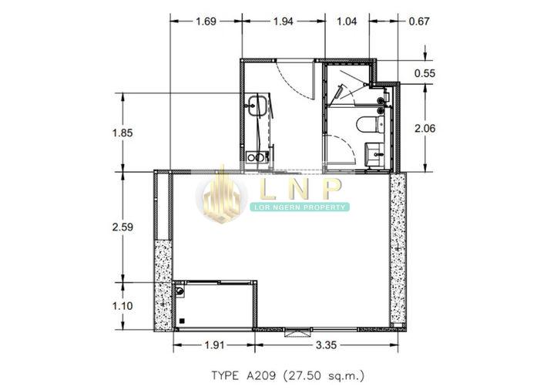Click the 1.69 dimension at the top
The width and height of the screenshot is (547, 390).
[x=206, y=22]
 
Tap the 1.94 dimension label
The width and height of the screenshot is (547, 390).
[x=283, y=22]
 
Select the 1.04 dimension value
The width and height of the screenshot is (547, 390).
[x=347, y=22]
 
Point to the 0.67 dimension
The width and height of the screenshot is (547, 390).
[x=418, y=22]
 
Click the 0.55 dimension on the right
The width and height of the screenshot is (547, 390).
[x=425, y=73]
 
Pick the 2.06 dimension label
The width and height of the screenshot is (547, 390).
[x=425, y=129]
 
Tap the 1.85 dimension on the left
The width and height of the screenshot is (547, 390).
[x=122, y=133]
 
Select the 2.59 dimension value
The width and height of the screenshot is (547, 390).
[x=122, y=227]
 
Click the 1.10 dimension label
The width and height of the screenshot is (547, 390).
[x=122, y=306]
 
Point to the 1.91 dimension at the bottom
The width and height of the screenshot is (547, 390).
[x=214, y=345]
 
